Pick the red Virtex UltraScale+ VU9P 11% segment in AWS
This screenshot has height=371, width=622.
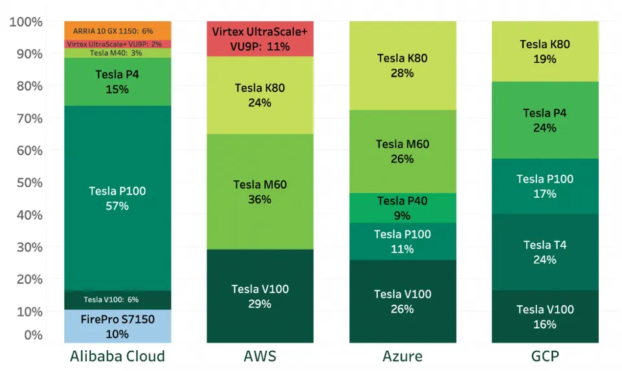(260, 39)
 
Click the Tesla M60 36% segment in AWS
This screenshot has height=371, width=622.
(260, 192)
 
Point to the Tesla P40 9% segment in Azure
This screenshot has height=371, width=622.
(402, 208)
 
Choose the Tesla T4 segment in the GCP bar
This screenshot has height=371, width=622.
(545, 252)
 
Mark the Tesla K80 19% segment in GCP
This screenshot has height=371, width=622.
(545, 51)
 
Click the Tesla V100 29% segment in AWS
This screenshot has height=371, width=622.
(260, 296)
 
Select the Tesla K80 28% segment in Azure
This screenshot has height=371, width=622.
(402, 66)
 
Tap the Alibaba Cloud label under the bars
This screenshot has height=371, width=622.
(117, 356)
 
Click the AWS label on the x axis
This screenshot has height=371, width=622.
(260, 356)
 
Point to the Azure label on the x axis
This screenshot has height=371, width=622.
(402, 356)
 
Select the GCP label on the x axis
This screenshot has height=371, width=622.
(545, 356)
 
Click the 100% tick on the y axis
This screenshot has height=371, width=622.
(27, 22)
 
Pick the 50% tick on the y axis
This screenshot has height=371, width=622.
(29, 182)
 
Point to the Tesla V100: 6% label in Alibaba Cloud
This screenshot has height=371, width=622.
(111, 300)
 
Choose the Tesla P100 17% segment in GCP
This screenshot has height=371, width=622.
(545, 186)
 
